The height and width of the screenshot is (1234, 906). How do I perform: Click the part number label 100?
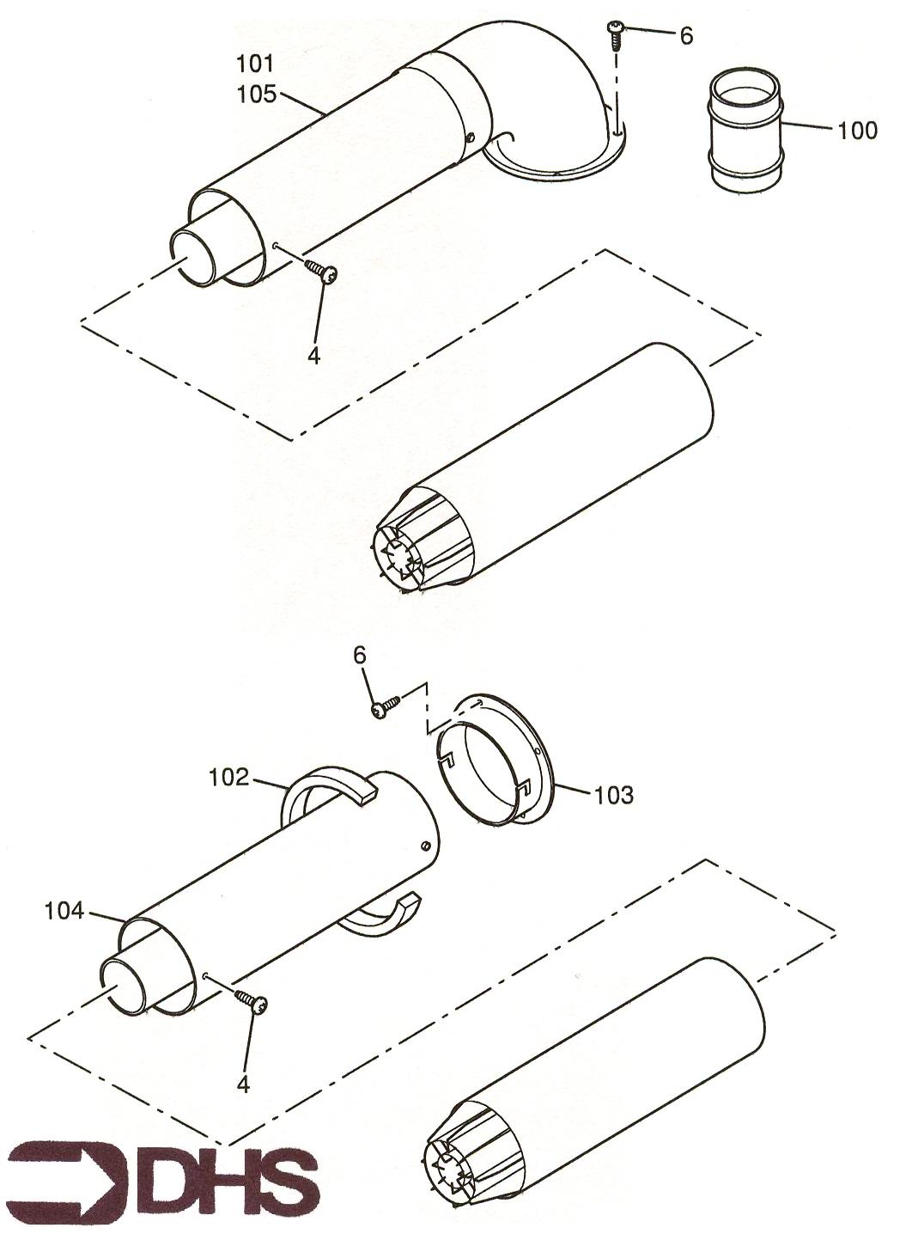[857, 131]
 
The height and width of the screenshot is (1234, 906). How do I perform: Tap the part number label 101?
[255, 64]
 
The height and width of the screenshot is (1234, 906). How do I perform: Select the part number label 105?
[256, 95]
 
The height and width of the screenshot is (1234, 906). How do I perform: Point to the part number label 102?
[228, 779]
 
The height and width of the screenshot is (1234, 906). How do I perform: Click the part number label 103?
[613, 795]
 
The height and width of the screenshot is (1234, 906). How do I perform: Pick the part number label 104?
[64, 911]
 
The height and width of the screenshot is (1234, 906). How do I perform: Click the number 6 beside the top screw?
[686, 36]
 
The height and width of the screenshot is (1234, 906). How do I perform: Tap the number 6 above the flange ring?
[360, 656]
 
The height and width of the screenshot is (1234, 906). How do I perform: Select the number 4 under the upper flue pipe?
[313, 356]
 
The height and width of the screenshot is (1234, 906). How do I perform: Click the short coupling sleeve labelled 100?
[746, 132]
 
